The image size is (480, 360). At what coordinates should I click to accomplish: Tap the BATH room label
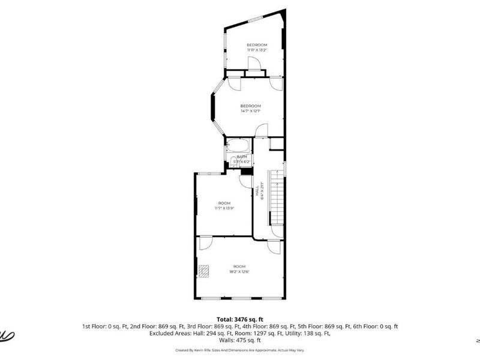242,157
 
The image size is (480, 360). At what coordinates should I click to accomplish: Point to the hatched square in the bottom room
205,271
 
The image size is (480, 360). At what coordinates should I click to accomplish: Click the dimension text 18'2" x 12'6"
239,272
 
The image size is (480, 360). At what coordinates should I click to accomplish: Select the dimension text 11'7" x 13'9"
224,208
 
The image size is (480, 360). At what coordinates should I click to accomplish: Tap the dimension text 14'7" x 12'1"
250,111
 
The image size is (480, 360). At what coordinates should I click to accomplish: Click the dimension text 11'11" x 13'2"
257,50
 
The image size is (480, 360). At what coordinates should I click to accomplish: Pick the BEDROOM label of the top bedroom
257,45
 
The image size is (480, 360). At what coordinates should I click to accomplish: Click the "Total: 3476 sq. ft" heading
240,319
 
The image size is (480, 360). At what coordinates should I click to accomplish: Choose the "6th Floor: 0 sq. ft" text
376,326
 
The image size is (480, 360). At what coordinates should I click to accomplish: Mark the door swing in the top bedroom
254,62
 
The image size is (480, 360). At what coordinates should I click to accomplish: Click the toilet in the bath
235,161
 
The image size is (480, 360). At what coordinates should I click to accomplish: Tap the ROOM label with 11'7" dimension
224,203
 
